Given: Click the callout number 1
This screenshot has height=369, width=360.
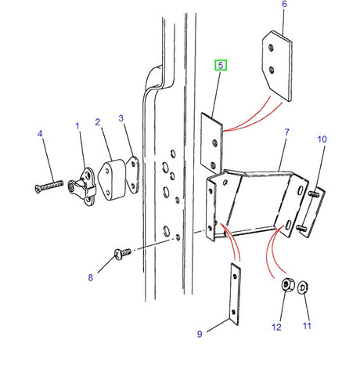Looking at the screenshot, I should (77, 125).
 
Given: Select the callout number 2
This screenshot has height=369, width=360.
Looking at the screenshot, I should (98, 122).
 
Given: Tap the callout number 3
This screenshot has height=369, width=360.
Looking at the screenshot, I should (121, 118).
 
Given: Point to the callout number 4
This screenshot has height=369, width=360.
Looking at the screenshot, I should (40, 134).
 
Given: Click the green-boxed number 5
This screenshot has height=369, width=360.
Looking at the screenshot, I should (221, 66).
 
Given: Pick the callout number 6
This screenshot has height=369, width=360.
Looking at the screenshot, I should (284, 5).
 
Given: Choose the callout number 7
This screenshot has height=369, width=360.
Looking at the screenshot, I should (287, 135).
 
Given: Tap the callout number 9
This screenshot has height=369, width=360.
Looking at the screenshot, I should (200, 334).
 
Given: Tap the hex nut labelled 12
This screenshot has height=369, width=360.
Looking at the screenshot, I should (286, 286).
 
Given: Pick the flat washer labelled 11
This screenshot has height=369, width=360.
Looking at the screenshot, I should (305, 288).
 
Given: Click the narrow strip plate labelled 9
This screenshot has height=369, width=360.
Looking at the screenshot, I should (234, 293).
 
